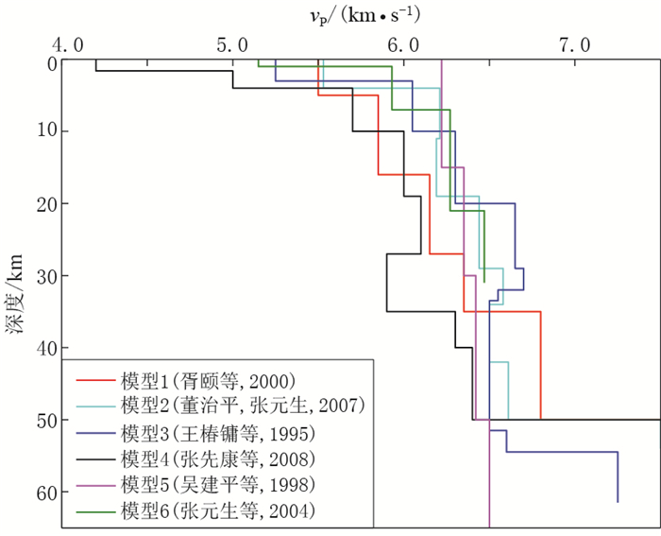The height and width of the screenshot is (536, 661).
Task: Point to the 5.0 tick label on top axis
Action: click(234, 44)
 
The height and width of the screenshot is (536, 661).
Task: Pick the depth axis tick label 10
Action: click(45, 131)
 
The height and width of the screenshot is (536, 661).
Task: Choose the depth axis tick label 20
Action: click(45, 204)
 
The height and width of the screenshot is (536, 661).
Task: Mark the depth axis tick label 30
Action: click(45, 276)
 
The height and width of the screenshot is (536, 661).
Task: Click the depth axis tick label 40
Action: click(45, 348)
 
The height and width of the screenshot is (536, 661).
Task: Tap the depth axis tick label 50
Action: click(45, 420)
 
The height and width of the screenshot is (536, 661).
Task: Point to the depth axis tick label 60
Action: click(45, 492)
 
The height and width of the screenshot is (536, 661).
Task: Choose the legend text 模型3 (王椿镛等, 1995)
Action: click(217, 434)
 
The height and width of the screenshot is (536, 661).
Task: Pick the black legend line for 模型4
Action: click(95, 459)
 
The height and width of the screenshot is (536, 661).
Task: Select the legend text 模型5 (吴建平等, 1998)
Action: click(217, 485)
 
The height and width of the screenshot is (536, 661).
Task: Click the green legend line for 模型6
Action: click(95, 511)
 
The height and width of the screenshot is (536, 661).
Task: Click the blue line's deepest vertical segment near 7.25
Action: click(618, 477)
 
